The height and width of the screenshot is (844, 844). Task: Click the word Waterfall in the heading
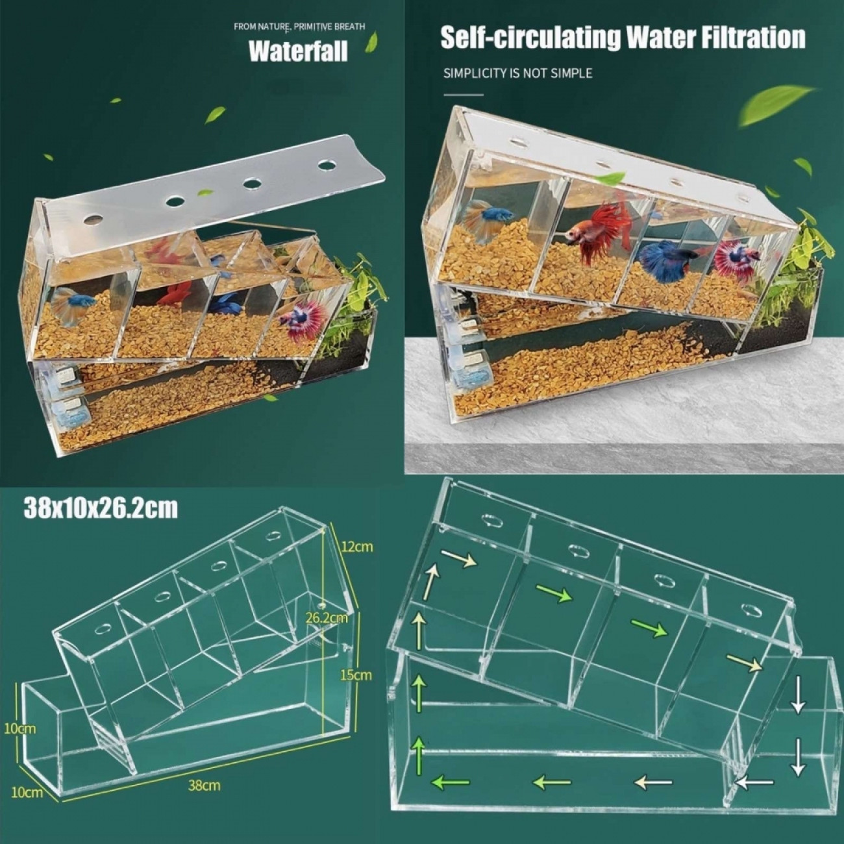298,51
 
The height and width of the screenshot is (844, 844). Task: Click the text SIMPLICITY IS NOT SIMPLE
517,73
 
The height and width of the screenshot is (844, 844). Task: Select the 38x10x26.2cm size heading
101,509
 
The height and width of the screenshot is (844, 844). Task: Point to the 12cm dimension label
357,547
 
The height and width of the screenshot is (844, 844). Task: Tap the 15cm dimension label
356,675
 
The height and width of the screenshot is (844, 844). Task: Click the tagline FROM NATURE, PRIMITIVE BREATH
299,27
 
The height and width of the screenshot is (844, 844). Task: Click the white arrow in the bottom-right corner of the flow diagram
754,781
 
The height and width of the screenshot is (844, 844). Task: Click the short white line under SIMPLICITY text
464,94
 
